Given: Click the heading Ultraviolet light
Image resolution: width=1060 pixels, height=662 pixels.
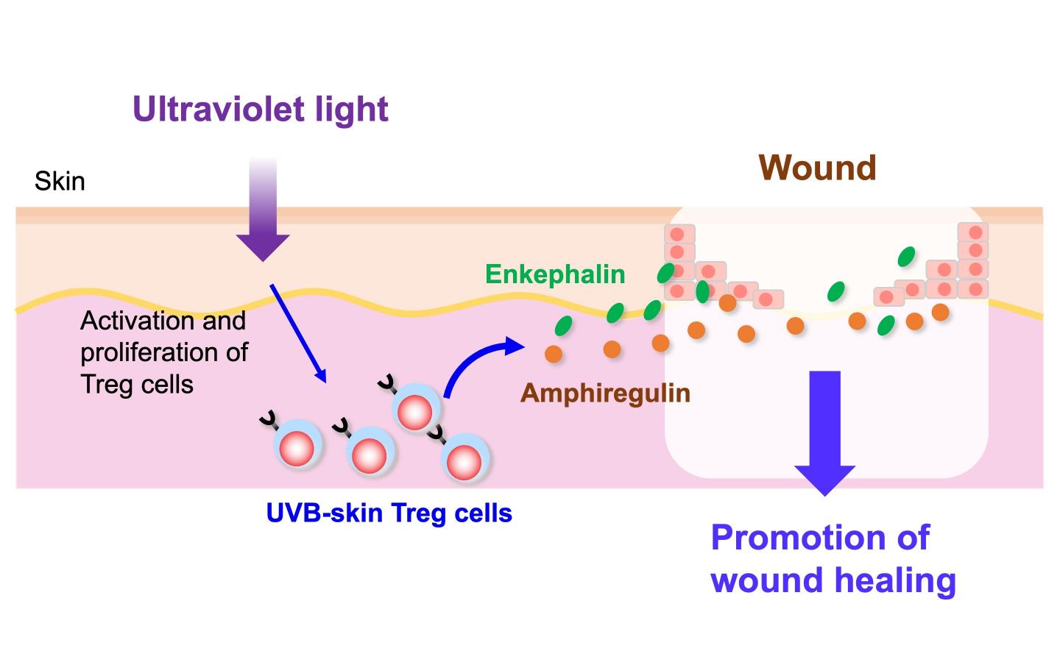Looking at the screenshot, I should tap(260, 109).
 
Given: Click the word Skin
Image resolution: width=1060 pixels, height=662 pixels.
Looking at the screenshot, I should tap(60, 181).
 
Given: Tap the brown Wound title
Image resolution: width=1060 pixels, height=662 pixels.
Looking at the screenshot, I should tap(817, 168).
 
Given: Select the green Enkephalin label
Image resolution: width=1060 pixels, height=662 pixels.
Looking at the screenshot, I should tap(555, 274).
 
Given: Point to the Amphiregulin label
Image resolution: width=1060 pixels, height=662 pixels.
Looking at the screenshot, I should tap(605, 393).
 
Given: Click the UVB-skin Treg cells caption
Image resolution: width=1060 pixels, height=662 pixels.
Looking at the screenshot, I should tap(389, 513).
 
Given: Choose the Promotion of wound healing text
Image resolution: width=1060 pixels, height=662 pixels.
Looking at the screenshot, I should tap(833, 558).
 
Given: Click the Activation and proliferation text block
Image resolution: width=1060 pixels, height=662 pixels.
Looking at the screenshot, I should tap(163, 352).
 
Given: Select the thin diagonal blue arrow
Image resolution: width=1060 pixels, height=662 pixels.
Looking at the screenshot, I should tap(297, 332).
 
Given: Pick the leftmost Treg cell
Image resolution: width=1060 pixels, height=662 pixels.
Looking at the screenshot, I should tap(297, 447).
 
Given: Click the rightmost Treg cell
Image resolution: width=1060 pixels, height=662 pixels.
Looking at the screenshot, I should tap(464, 462).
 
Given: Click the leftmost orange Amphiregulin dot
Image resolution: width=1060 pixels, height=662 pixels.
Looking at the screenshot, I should tap(554, 355).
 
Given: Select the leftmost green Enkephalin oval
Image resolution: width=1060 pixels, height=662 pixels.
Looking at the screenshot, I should tap(564, 325).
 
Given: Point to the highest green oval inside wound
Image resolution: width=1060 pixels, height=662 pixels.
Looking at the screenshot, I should tap(906, 257).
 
